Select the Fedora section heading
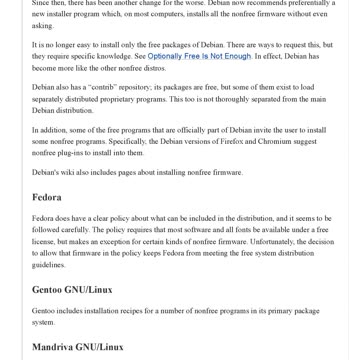pyautogui.click(x=46, y=197)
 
